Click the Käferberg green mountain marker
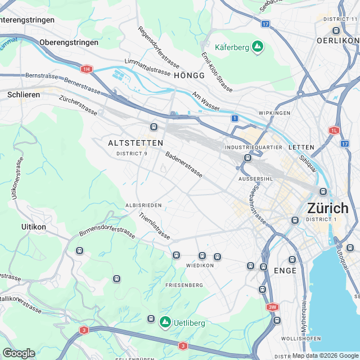(257, 47)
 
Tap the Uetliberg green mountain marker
(165, 322)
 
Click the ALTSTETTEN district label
(136, 143)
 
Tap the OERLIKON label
(337, 40)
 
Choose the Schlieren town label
(24, 94)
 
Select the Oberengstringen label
(69, 42)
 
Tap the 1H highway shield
(85, 69)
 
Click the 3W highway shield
(272, 307)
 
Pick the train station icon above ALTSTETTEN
(153, 126)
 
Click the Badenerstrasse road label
(184, 164)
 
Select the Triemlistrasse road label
(154, 226)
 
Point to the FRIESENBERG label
(184, 285)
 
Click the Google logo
(19, 353)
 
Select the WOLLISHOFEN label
(301, 339)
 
